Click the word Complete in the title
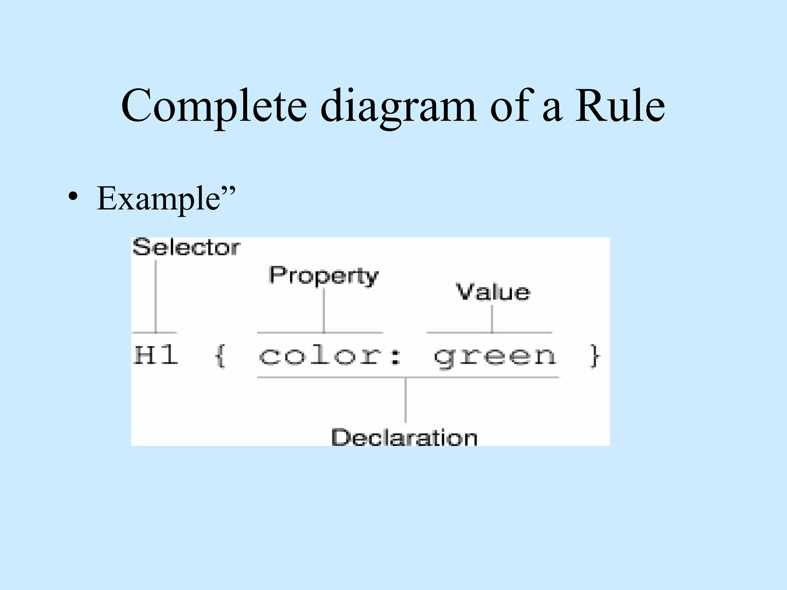tap(214, 106)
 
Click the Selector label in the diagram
tap(186, 247)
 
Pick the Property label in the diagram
tap(324, 275)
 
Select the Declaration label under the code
tap(404, 437)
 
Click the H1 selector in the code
tap(156, 355)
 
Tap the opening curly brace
tap(220, 356)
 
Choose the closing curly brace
tap(594, 356)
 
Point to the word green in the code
tap(495, 356)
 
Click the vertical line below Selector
tap(156, 296)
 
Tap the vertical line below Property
tap(324, 310)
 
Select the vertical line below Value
tap(492, 319)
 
